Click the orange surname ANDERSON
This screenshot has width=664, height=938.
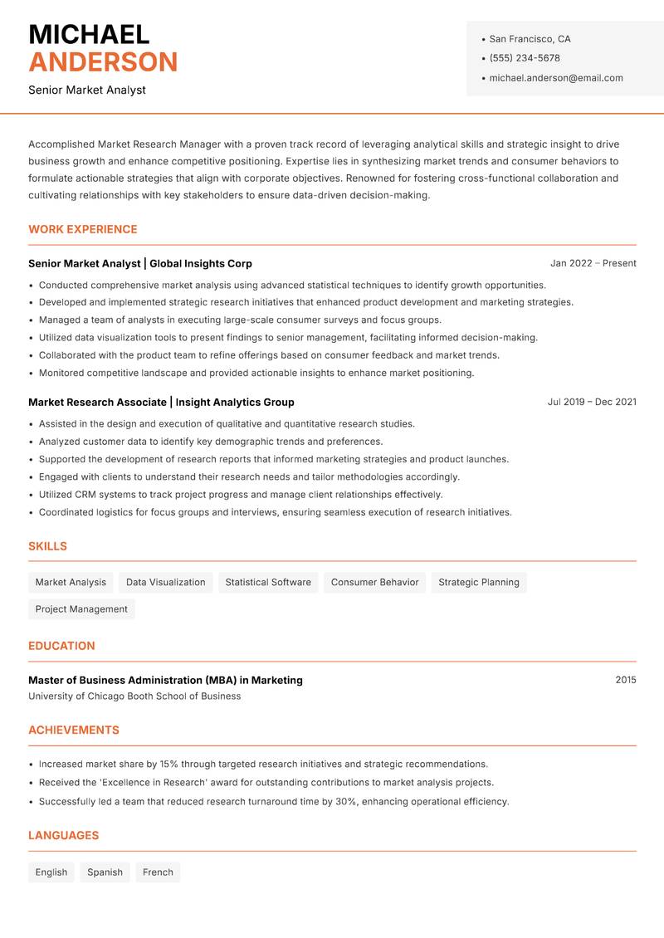(x=103, y=62)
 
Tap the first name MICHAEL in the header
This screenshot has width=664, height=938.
(x=89, y=35)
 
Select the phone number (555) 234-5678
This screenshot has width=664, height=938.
(x=525, y=58)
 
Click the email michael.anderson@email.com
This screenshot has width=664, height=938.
(x=556, y=78)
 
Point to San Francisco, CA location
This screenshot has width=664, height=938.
(x=530, y=39)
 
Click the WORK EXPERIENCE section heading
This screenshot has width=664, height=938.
(x=83, y=229)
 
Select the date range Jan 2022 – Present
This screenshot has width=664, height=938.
(x=593, y=263)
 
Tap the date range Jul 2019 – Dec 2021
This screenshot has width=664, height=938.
(x=592, y=402)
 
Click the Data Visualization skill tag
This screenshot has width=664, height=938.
(x=165, y=582)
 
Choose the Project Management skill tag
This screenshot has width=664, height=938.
(x=81, y=608)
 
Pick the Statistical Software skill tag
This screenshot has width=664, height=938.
(x=268, y=582)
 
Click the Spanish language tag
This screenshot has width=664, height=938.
(x=105, y=872)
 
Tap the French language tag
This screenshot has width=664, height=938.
(x=158, y=872)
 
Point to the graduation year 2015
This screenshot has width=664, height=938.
(x=626, y=680)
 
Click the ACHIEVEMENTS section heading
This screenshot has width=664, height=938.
(x=74, y=730)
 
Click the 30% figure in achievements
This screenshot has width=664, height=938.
(x=346, y=802)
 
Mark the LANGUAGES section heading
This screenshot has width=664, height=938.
(x=64, y=836)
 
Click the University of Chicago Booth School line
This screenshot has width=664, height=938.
(x=134, y=696)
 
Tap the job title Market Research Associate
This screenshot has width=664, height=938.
(x=97, y=402)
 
